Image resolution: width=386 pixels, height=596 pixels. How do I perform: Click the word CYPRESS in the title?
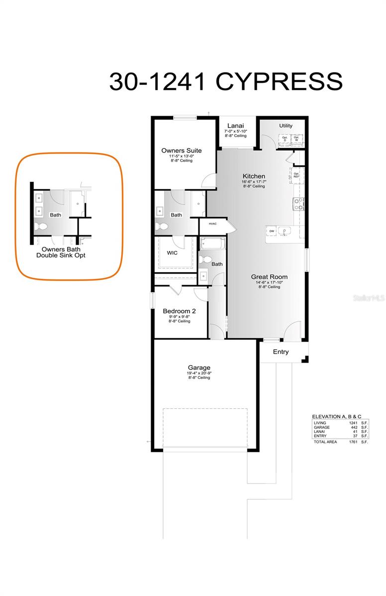point(279,82)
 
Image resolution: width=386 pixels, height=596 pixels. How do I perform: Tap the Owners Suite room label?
point(182,150)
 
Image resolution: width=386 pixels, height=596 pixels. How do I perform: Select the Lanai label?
point(235,126)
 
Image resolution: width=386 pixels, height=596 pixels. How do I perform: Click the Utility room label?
point(286,126)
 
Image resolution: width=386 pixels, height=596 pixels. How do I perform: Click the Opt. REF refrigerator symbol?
point(296,175)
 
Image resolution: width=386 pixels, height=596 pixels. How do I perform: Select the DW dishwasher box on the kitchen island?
point(272,231)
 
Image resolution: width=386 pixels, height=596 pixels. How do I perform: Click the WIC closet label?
point(172,252)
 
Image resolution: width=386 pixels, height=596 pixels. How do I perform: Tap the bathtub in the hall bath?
point(213,244)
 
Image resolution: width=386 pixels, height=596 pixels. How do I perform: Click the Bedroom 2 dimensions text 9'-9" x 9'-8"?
point(179,316)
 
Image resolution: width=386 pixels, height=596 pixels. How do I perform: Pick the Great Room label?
point(269,277)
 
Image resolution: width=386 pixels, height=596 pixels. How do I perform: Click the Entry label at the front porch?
point(281,352)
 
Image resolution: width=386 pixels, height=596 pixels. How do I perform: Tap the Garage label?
point(198,368)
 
